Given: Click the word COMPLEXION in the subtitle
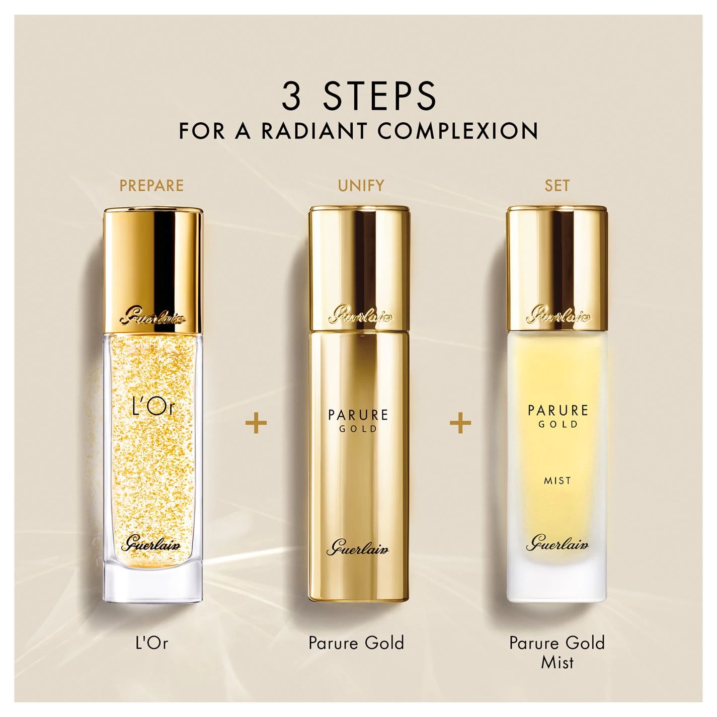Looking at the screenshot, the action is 458,131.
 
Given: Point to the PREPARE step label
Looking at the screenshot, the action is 151,185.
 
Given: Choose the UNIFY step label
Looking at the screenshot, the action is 361,185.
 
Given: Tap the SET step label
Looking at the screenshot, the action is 557,185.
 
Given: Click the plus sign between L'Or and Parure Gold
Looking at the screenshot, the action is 256,423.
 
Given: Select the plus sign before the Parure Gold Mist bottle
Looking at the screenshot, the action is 460,423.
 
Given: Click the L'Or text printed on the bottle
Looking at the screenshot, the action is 153,407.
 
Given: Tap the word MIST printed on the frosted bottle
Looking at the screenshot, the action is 557,481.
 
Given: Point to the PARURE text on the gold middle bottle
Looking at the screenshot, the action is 358,415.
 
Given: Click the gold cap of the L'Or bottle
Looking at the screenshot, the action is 153,270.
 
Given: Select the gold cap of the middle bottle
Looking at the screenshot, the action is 359,268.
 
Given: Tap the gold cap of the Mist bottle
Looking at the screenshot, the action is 557,268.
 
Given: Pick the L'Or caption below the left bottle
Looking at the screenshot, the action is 152,643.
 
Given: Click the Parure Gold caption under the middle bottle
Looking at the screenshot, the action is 356,643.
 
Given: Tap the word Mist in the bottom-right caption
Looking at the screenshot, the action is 557,662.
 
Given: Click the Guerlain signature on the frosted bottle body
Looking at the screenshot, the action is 557,543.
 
